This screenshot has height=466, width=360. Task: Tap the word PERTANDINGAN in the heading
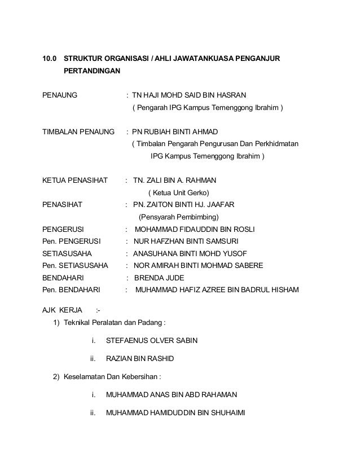91,72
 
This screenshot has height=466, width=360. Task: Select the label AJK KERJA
63,310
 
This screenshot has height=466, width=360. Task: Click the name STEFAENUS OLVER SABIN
152,341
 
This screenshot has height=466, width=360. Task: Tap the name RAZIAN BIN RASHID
140,358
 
